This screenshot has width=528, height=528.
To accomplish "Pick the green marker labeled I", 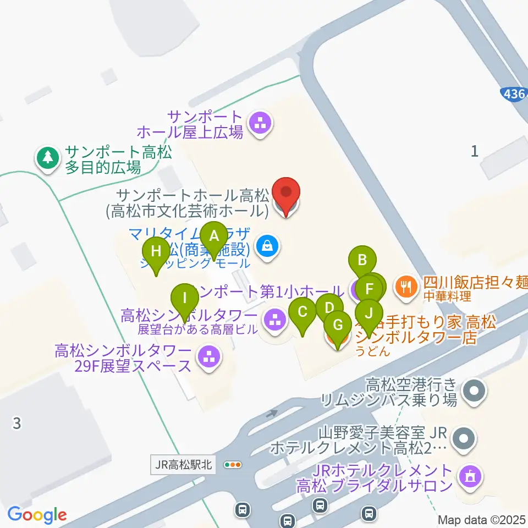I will pyautogui.click(x=185, y=300).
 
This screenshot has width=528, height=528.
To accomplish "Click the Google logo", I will pyautogui.click(x=37, y=515).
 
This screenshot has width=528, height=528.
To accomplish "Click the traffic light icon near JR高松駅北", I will pyautogui.click(x=233, y=465).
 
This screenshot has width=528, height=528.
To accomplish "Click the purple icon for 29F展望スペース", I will pyautogui.click(x=208, y=358).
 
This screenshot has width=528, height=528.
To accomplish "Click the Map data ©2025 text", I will pyautogui.click(x=482, y=520).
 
